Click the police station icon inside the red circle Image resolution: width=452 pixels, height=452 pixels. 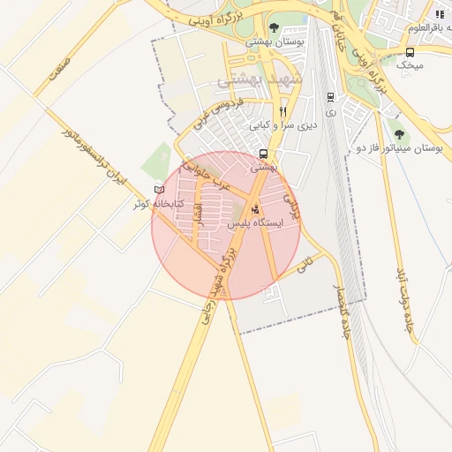256,209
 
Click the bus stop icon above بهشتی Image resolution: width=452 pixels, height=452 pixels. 264,153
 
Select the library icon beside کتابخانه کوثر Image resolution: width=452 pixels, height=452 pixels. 159,190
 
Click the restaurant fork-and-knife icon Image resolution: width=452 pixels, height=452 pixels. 282,111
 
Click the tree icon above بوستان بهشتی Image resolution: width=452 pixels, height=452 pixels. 273,27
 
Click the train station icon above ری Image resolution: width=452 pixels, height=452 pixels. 330,97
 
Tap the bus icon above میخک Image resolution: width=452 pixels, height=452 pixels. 410,52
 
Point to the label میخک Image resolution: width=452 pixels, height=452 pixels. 410,65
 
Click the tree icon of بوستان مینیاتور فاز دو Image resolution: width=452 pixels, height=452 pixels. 399,134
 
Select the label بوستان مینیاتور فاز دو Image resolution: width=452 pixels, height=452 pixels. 398,148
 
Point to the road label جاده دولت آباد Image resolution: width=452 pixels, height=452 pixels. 405,296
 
